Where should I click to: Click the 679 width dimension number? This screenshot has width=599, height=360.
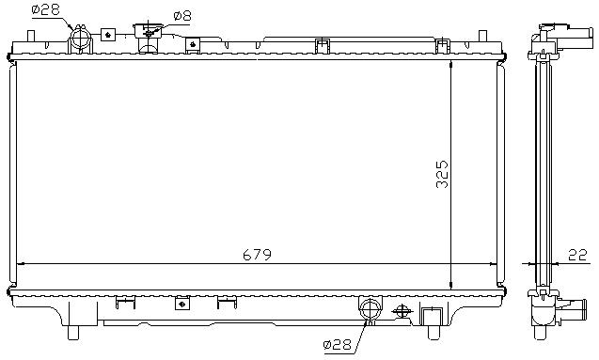[257, 255]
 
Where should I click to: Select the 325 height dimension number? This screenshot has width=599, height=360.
[442, 175]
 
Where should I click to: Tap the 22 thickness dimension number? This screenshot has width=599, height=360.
[577, 255]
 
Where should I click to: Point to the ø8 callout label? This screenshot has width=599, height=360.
[181, 16]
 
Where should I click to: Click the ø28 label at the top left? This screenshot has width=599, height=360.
[45, 9]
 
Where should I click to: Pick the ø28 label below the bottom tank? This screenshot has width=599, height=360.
[337, 345]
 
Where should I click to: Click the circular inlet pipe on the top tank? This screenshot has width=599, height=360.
[80, 39]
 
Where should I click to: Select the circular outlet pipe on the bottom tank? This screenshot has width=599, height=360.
[370, 308]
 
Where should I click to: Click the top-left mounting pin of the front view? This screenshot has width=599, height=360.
[31, 36]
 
